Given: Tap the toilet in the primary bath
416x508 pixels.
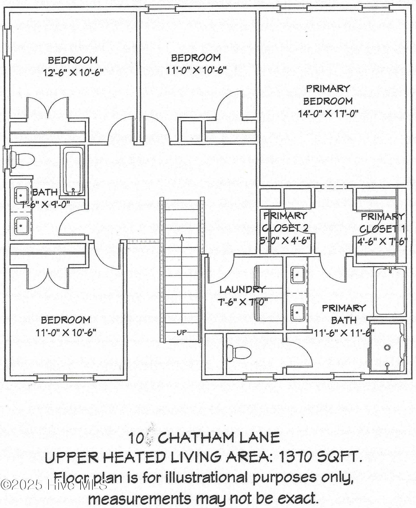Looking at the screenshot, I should coord(239,353).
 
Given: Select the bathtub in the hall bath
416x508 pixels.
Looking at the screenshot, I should coord(73,172).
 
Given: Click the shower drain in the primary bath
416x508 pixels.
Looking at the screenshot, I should coord(387,347).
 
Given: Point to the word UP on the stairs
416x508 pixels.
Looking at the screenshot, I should coord(182,332).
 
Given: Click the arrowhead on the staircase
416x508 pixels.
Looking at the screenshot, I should coord(182,237).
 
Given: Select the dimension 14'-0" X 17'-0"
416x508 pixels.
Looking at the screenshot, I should coord(328,113).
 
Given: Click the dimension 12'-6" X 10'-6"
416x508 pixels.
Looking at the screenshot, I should coord(73,73).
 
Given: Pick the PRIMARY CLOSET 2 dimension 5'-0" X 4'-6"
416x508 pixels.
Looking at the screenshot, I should coord(286,240).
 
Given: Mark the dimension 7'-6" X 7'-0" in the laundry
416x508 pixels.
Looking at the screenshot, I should coord(243,302).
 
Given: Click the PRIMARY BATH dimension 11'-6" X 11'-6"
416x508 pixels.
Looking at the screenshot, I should coord(344,333).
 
